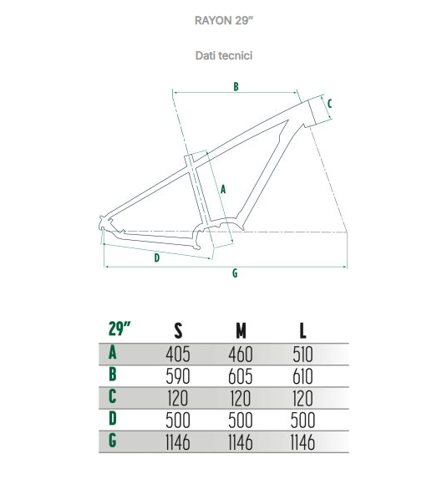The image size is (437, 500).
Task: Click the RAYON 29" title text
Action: pyautogui.click(x=224, y=21)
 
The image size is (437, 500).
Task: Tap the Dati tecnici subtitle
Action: pyautogui.click(x=224, y=55)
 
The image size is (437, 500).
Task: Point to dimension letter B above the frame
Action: pyautogui.click(x=236, y=86)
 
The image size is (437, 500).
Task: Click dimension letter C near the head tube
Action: pyautogui.click(x=329, y=104)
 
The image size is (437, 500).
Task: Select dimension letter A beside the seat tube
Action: pyautogui.click(x=223, y=189)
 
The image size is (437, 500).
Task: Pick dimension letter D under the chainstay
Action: pyautogui.click(x=157, y=258)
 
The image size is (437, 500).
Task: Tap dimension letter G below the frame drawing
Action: pyautogui.click(x=235, y=273)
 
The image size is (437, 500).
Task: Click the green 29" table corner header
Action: pyautogui.click(x=119, y=329)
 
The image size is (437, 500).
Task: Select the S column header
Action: pyautogui.click(x=178, y=330)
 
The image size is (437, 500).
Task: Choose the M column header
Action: pyautogui.click(x=241, y=330)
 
